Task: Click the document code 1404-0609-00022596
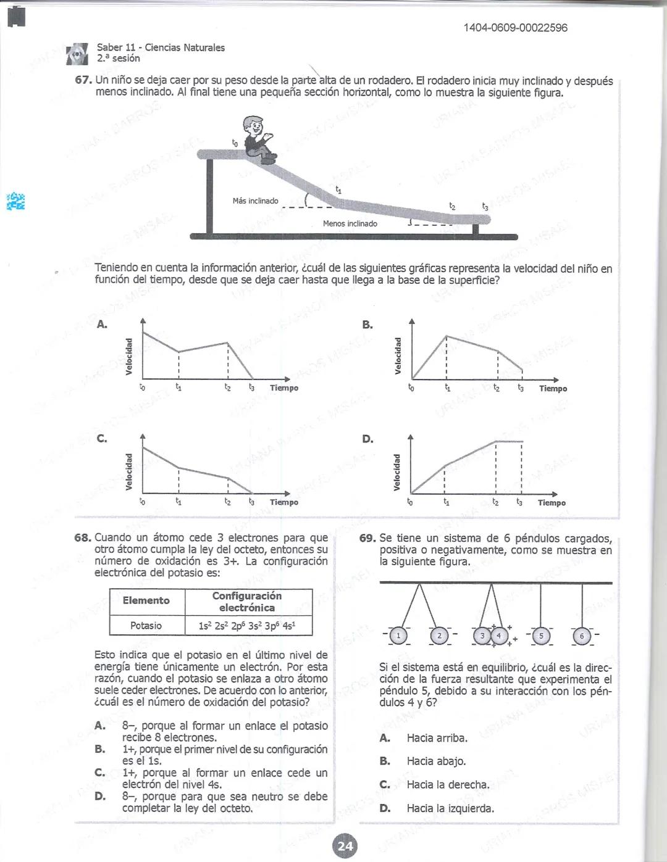[x=515, y=28]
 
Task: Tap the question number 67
[x=83, y=81]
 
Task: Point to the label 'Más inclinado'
[x=255, y=201]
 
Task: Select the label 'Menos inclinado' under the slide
[x=350, y=223]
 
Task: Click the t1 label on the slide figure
[x=338, y=190]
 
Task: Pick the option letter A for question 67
[x=102, y=325]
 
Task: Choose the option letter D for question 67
[x=367, y=439]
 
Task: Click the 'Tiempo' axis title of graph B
[x=553, y=388]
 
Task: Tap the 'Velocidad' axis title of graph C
[x=128, y=471]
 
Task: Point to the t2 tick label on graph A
[x=228, y=387]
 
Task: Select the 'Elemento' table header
[x=146, y=600]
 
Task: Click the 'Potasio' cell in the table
[x=146, y=625]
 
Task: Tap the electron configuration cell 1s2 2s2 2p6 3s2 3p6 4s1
[x=248, y=625]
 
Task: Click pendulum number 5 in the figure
[x=541, y=636]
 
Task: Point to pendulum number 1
[x=399, y=636]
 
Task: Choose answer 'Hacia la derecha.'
[x=448, y=785]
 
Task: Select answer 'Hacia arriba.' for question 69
[x=437, y=738]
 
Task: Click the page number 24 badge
[x=345, y=845]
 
